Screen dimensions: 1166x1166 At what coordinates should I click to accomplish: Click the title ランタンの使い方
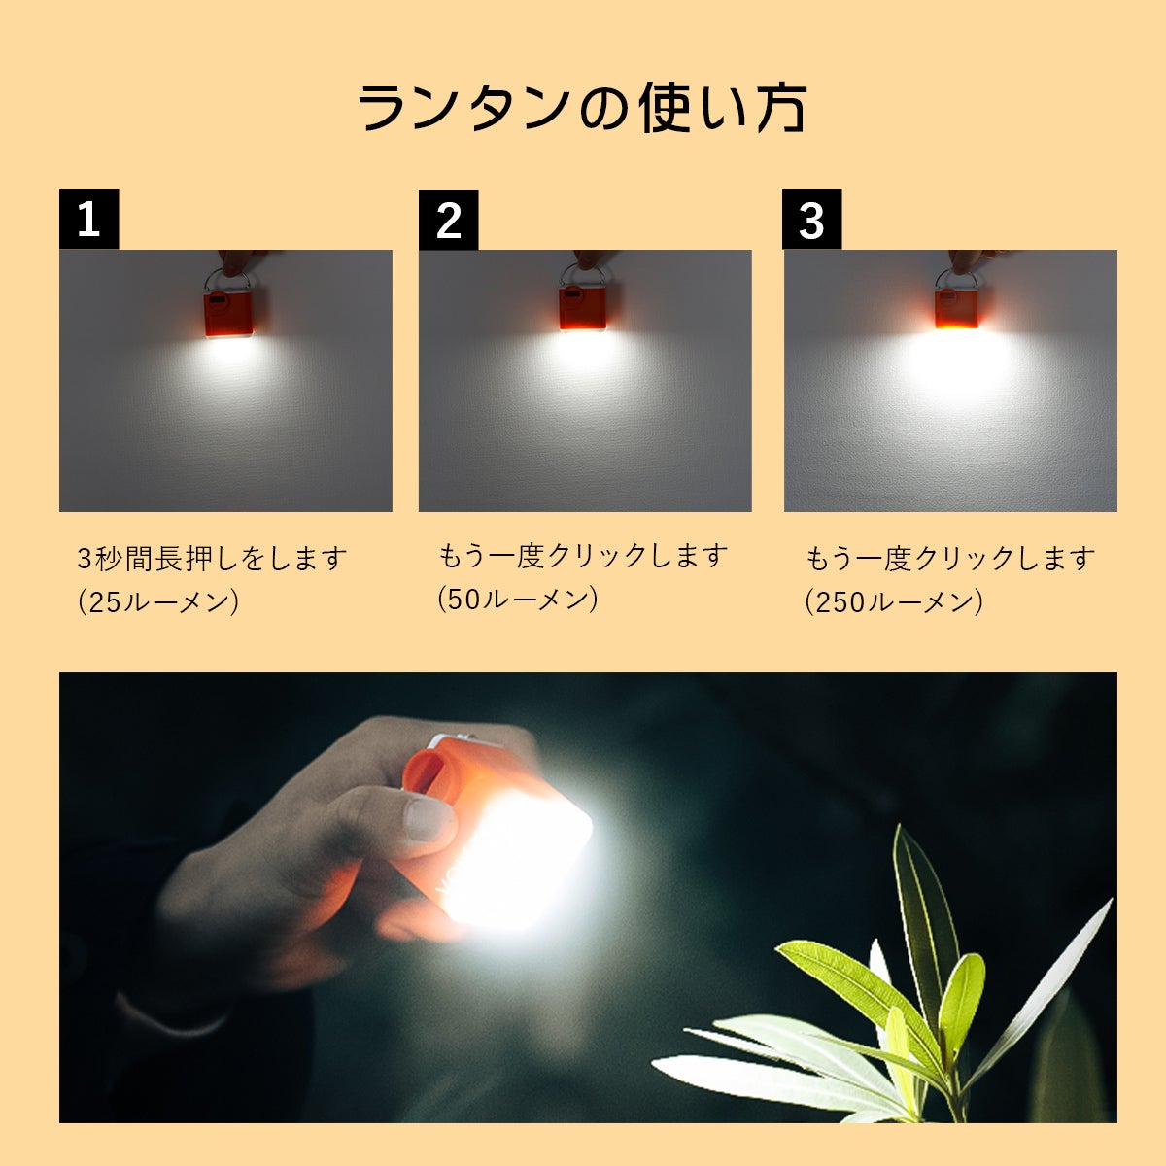pyautogui.click(x=582, y=107)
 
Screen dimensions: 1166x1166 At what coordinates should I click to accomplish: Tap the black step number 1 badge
pyautogui.click(x=89, y=219)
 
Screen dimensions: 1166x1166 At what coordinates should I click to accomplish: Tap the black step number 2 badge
pyautogui.click(x=448, y=220)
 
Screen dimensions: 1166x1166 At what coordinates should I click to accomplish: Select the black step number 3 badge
pyautogui.click(x=811, y=219)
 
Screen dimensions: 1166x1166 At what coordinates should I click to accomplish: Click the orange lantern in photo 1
pyautogui.click(x=228, y=314)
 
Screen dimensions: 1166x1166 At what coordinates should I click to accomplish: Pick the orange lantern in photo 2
pyautogui.click(x=583, y=309)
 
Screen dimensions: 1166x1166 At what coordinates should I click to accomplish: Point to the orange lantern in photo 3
pyautogui.click(x=956, y=308)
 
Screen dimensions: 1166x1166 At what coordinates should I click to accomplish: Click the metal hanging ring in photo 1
pyautogui.click(x=227, y=280)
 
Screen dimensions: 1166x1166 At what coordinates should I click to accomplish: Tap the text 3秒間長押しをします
pyautogui.click(x=212, y=558)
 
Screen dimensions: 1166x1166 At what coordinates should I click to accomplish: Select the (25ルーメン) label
pyautogui.click(x=158, y=601)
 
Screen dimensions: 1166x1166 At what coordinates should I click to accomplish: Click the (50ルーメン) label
pyautogui.click(x=518, y=600)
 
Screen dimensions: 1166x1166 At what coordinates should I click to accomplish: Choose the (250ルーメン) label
pyautogui.click(x=894, y=602)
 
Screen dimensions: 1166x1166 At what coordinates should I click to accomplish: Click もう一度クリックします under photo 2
pyautogui.click(x=583, y=556)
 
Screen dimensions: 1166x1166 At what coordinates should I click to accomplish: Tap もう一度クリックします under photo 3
pyautogui.click(x=950, y=558)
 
